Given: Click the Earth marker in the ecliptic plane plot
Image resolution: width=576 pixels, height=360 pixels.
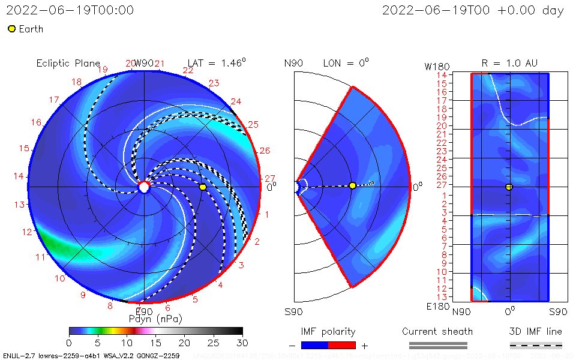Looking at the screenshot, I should pos(203,187).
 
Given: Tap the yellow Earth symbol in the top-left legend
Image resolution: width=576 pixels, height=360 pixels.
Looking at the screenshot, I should pos(11,29).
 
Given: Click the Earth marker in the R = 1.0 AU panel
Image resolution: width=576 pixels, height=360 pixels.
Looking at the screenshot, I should pos(509,187).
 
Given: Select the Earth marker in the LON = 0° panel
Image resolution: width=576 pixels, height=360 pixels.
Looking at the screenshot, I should pos(352,185).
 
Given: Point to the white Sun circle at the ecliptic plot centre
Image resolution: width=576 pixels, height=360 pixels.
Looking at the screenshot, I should pos(144,187).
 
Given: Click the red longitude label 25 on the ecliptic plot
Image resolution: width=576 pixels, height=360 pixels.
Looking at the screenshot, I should pos(253,125).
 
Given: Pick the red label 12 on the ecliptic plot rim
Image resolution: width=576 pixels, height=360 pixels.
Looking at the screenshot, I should pos(27,232).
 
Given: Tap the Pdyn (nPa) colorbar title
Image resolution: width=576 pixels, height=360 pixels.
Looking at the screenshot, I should pos(155,318).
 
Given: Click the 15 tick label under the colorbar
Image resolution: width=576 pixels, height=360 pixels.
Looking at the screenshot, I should pos(155,342).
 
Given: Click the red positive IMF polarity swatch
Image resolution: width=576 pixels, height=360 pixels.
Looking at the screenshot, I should pos(342,345).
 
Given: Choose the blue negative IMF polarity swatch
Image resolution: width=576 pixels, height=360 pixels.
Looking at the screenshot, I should pos(314,345).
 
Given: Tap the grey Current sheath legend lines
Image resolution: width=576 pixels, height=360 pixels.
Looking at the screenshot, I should pos(437,345).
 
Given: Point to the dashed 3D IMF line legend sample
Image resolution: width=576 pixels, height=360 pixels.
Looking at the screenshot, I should pos(536,345).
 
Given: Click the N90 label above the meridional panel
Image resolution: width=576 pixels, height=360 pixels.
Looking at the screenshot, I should pos(294,63).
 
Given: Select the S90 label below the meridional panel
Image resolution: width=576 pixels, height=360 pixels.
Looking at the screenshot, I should pos(294,311).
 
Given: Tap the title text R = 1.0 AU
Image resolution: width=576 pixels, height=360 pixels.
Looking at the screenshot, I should pos(509,63).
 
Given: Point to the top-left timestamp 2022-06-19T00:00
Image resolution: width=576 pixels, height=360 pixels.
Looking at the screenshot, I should pos(70,10).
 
